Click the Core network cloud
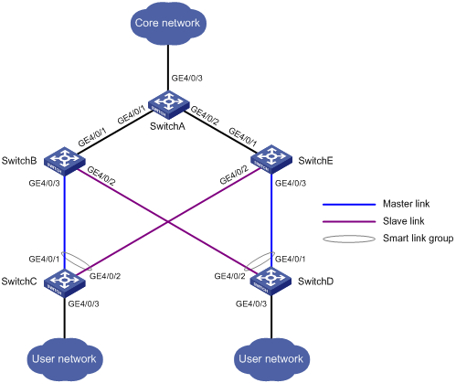pos(168,24)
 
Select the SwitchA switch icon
pos(168,104)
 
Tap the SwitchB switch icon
pos(65,161)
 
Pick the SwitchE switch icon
pos(270,159)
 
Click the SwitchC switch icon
pos(65,282)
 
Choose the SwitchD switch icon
pos(270,281)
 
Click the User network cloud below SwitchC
pos(65,359)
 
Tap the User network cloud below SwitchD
pos(271,359)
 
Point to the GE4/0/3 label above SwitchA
pos(187,78)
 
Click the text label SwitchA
pos(167,126)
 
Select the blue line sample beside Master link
pos(349,205)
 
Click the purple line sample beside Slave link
pos(349,221)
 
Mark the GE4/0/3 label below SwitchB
pos(44,183)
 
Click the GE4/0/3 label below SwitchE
pos(291,183)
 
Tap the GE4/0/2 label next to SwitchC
pos(105,276)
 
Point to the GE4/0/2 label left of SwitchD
pos(229,276)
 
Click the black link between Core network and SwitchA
pos(168,68)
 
